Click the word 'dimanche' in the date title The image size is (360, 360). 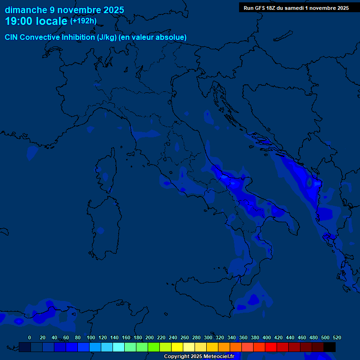pos(26,10)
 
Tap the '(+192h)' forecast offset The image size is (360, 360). pos(83,21)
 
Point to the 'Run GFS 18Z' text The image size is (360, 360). pos(259,8)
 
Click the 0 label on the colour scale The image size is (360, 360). pos(30,337)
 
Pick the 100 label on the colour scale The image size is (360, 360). pos(91,337)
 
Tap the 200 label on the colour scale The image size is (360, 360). pos(150,337)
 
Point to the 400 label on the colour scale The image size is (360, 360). pos(267,337)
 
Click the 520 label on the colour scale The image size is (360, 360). pos(337,337)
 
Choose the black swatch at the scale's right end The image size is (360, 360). pos(330,347)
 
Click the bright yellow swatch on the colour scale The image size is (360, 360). pos(177,347)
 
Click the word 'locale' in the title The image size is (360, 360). pos(50,21)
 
